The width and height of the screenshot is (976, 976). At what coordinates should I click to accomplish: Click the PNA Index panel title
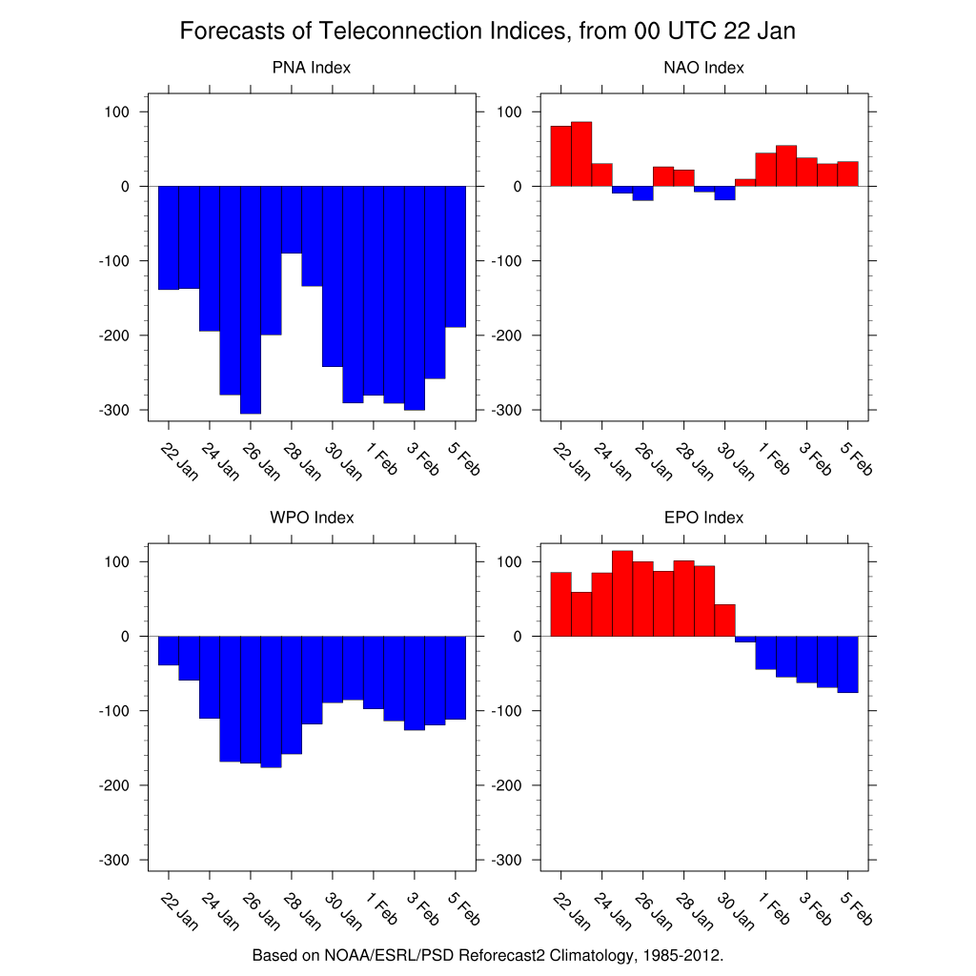pyautogui.click(x=311, y=68)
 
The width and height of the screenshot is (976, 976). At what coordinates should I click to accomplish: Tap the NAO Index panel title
pyautogui.click(x=703, y=68)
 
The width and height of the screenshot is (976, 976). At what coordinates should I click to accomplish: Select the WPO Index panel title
pyautogui.click(x=311, y=518)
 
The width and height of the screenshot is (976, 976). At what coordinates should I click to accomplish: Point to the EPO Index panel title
pyautogui.click(x=703, y=518)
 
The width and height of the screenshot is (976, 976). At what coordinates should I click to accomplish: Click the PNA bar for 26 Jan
pyautogui.click(x=251, y=300)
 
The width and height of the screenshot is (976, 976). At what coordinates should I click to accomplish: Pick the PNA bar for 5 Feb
pyautogui.click(x=456, y=256)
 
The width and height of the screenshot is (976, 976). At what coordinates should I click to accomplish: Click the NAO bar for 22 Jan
pyautogui.click(x=560, y=156)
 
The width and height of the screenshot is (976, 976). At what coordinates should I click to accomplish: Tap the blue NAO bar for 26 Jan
pyautogui.click(x=642, y=193)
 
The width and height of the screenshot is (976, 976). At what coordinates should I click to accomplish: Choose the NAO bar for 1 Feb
pyautogui.click(x=765, y=170)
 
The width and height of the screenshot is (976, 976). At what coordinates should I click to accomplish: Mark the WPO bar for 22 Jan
pyautogui.click(x=169, y=650)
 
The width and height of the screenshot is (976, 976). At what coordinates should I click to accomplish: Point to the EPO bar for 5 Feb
pyautogui.click(x=848, y=664)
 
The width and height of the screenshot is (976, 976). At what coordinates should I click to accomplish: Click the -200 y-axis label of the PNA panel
pyautogui.click(x=119, y=335)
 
